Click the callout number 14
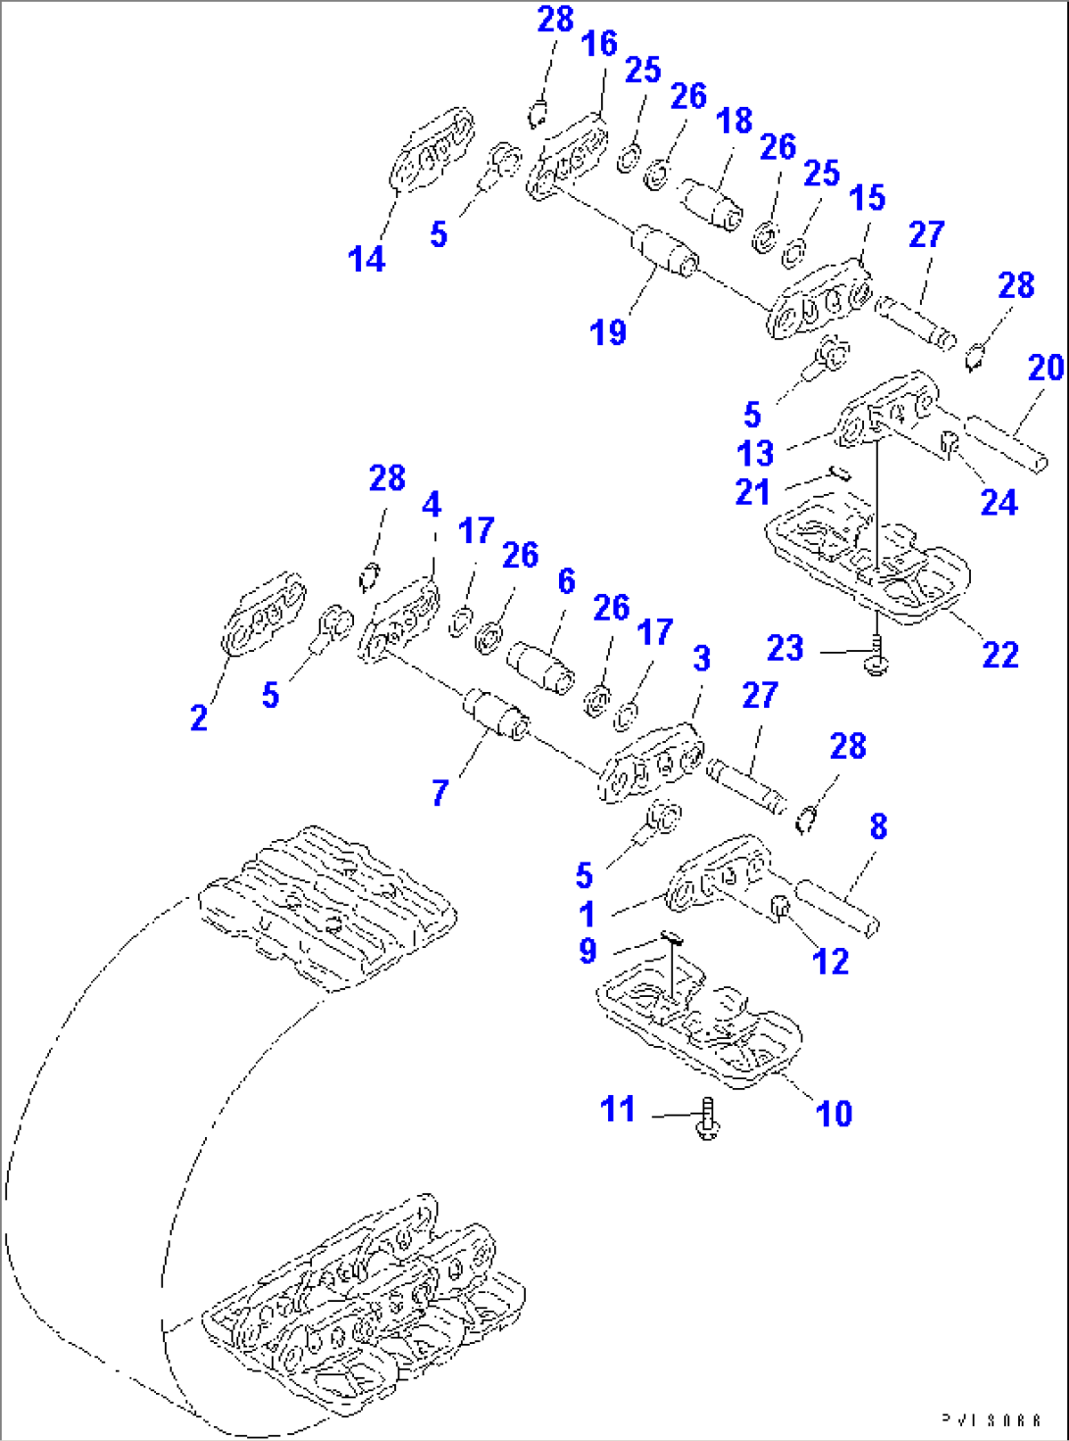click(367, 260)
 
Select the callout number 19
click(608, 332)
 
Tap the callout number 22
click(1000, 655)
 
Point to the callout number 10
click(835, 1114)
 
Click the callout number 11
click(618, 1110)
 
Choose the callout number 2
click(199, 718)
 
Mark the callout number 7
click(440, 792)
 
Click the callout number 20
click(1045, 368)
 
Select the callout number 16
click(599, 43)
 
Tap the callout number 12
click(831, 962)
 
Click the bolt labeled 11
click(707, 1119)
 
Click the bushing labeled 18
click(713, 204)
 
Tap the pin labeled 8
click(837, 907)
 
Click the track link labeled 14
click(433, 152)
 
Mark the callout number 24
click(999, 503)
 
